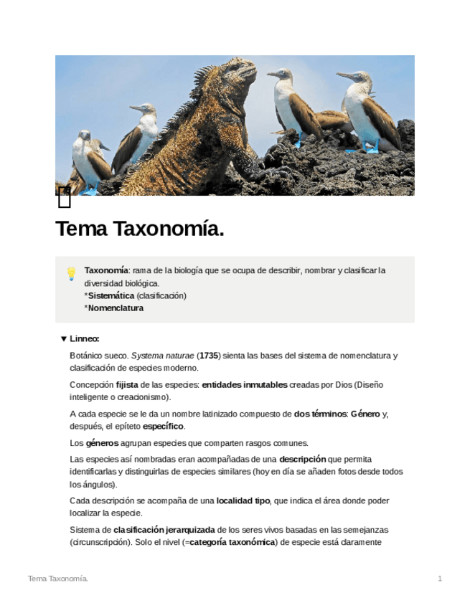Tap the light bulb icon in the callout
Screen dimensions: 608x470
71,273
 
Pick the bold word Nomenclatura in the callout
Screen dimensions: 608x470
116,308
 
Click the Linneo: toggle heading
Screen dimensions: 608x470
85,339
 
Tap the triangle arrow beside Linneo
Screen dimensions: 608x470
63,339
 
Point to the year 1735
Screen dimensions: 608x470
209,356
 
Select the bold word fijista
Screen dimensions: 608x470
127,385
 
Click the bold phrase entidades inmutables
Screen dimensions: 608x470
245,385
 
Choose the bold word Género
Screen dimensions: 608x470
365,414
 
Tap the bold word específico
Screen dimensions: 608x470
163,427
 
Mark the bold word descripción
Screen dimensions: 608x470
302,459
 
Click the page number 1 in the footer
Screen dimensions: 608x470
440,579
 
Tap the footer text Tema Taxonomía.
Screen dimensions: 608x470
58,579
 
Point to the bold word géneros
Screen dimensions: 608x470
103,443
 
